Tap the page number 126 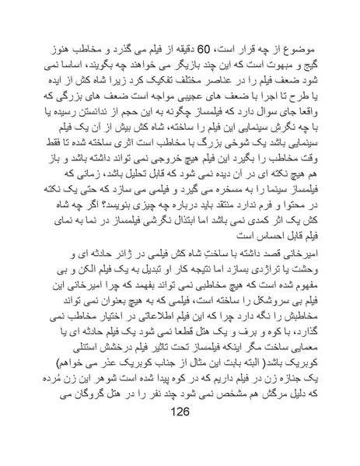click(x=180, y=434)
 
